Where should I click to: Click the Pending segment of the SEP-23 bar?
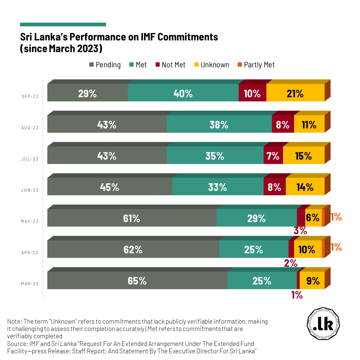click(87, 93)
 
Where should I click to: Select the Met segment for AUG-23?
click(219, 124)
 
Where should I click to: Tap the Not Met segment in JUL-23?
click(273, 156)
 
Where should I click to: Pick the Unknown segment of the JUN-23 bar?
click(305, 187)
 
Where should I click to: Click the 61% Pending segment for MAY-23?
click(132, 218)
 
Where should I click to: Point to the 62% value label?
click(133, 250)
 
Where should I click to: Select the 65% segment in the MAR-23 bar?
click(137, 281)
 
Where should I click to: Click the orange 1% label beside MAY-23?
click(336, 217)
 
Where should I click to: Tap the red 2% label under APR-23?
click(291, 263)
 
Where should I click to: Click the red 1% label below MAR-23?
click(296, 295)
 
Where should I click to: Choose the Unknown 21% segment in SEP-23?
click(295, 93)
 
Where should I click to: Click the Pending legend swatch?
click(92, 65)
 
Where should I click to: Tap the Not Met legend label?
click(173, 65)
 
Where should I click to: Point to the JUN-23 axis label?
click(30, 190)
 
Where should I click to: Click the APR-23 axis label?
click(30, 253)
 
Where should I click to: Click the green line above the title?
click(63, 24)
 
